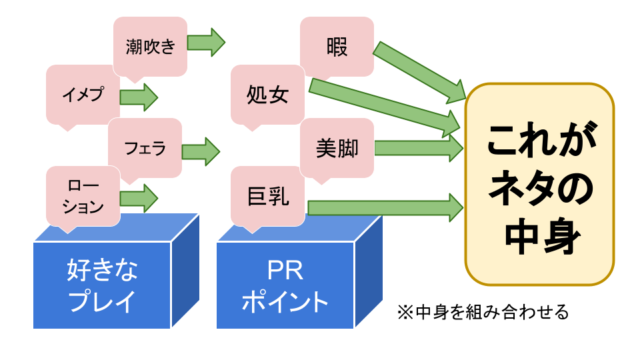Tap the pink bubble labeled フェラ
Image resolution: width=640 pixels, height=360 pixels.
click(145, 147)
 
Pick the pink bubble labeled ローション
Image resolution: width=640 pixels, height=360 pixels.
click(83, 195)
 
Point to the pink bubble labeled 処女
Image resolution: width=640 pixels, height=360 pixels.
click(267, 95)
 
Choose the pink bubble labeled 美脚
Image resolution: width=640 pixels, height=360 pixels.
click(337, 148)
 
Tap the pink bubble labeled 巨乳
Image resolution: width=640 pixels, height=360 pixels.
click(267, 196)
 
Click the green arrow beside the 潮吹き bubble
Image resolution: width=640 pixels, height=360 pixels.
click(206, 43)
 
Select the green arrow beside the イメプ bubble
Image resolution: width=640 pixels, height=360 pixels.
click(139, 97)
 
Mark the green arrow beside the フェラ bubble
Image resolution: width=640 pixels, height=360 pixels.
click(201, 151)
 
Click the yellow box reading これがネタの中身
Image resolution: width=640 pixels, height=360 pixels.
click(539, 184)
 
